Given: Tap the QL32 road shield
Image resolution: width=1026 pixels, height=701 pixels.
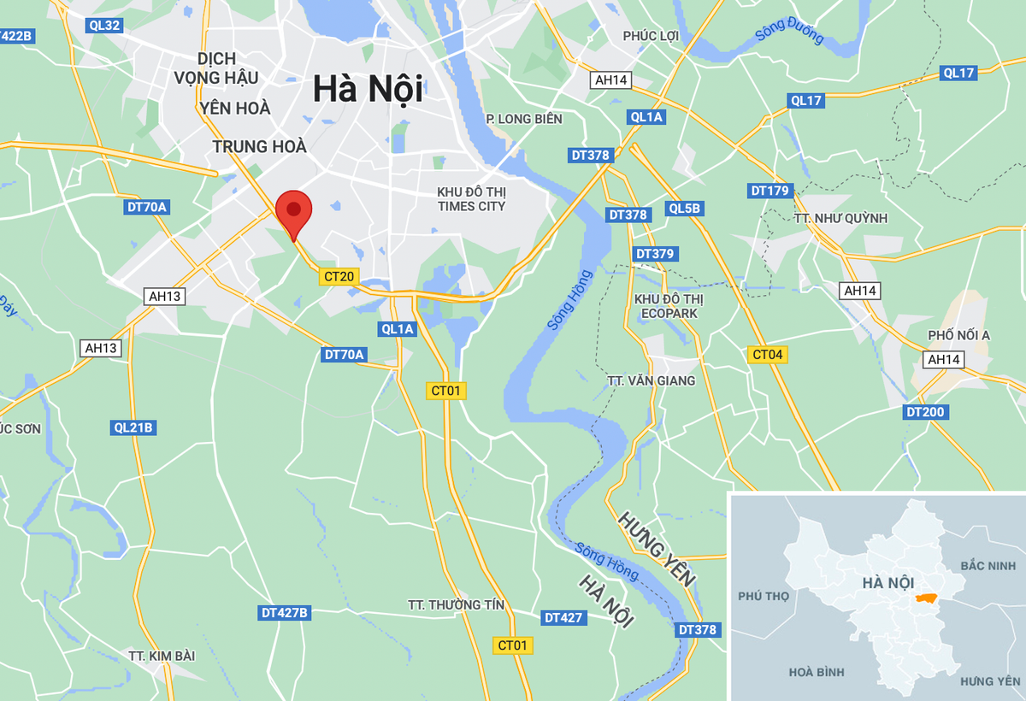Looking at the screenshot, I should click(x=104, y=25).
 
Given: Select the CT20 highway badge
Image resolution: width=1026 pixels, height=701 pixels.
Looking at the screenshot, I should click(x=339, y=276).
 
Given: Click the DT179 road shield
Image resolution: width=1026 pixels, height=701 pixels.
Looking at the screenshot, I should click(x=769, y=191).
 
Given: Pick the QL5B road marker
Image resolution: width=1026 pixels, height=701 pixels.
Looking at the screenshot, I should click(x=685, y=208).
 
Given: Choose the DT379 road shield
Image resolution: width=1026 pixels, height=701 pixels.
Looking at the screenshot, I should click(x=656, y=254).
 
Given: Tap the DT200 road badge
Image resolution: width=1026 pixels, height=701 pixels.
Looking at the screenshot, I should click(x=925, y=413).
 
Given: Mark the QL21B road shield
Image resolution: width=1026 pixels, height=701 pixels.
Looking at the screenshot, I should click(x=133, y=427).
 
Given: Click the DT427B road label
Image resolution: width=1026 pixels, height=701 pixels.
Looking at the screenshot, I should click(x=285, y=613).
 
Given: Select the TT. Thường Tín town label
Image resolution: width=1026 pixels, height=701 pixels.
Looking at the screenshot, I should click(x=457, y=605).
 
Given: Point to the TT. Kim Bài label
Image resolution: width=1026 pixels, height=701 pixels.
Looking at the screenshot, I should click(x=162, y=656).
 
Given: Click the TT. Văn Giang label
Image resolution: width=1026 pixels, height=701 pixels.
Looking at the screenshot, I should click(x=651, y=380).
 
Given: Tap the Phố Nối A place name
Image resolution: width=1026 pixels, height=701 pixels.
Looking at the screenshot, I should click(x=958, y=335).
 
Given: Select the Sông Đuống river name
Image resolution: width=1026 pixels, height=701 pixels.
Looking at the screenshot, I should click(x=789, y=35).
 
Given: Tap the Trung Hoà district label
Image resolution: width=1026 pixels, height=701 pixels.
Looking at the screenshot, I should click(x=259, y=147).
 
